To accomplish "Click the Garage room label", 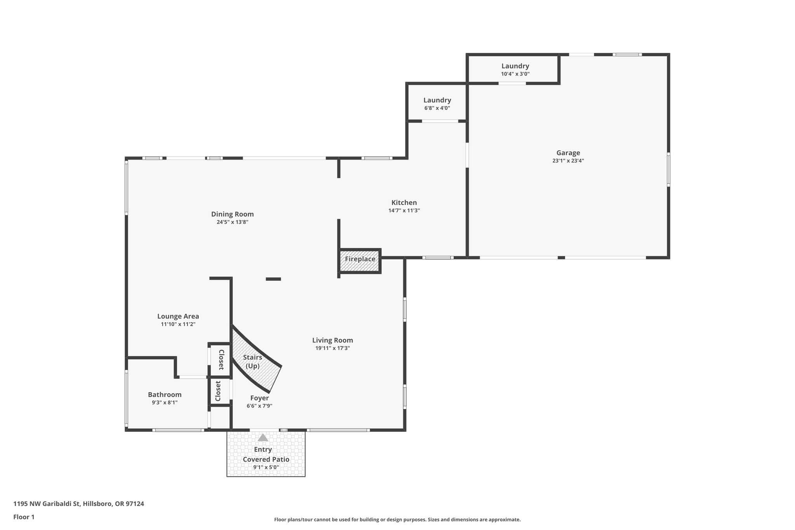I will [568, 153].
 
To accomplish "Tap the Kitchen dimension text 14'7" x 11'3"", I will [404, 210].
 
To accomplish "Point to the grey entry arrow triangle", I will [263, 438].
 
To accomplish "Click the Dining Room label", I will [232, 214].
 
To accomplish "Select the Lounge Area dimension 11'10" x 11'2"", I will [178, 324].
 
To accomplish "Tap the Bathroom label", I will [165, 394].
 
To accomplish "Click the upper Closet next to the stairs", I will [220, 360].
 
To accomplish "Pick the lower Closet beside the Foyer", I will [218, 391].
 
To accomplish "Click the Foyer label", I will [259, 398].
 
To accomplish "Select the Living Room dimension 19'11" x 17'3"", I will [333, 348].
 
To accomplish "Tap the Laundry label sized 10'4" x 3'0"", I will [515, 66].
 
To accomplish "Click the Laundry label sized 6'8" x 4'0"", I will [437, 100].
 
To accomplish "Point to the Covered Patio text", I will [266, 459].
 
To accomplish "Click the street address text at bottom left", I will [78, 504].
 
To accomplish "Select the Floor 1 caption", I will [24, 517].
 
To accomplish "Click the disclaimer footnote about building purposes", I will [397, 520].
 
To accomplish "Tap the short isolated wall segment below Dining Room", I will [273, 279].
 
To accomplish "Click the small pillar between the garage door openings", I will [561, 257].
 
